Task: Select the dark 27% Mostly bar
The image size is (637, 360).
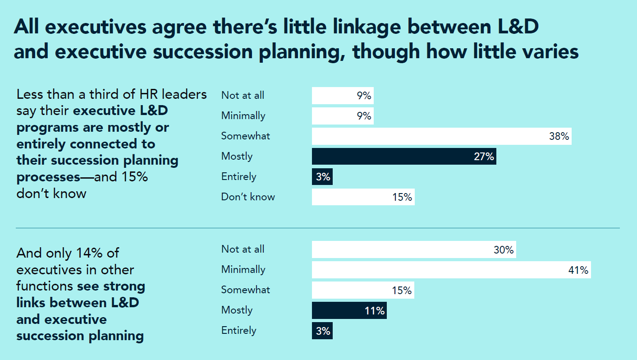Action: click(x=403, y=157)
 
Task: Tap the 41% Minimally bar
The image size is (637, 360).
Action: click(x=451, y=270)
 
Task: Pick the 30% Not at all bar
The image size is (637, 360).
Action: click(x=413, y=249)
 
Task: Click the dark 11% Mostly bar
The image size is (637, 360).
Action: click(x=349, y=310)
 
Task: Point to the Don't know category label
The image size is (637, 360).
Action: click(x=248, y=197)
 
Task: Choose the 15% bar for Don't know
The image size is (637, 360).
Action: click(x=363, y=197)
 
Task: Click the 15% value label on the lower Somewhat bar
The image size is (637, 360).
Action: click(x=401, y=291)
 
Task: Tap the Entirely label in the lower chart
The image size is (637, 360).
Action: click(x=238, y=331)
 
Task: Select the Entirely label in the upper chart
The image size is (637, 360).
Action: click(x=238, y=177)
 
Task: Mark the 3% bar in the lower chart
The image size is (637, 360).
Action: click(x=322, y=331)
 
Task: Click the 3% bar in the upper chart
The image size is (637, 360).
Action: click(x=322, y=177)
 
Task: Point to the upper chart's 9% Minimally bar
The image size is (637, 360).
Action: click(x=342, y=116)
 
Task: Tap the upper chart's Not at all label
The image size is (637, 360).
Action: click(x=243, y=96)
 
